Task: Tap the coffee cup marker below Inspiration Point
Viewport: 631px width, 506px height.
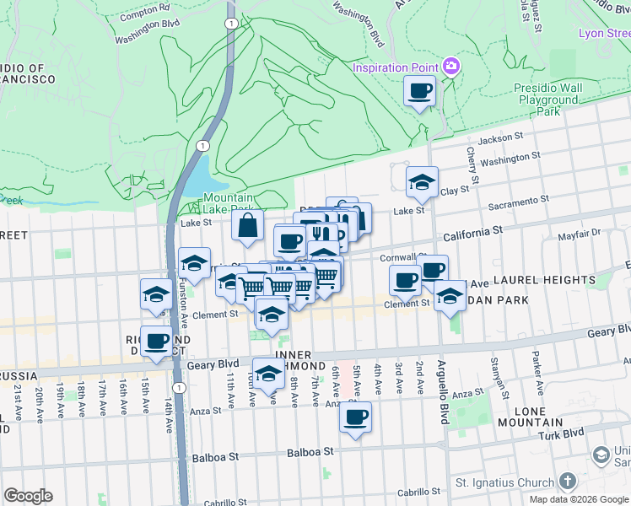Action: point(419,91)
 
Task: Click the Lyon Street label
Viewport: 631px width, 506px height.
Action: point(604,34)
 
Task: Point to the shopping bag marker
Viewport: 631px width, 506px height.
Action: point(248,226)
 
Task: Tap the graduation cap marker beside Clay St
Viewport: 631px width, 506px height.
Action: point(422,181)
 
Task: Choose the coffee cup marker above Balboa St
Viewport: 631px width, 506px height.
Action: point(355,417)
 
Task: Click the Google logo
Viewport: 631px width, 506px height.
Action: point(28,496)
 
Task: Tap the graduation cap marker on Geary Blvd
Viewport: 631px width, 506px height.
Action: point(268,374)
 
